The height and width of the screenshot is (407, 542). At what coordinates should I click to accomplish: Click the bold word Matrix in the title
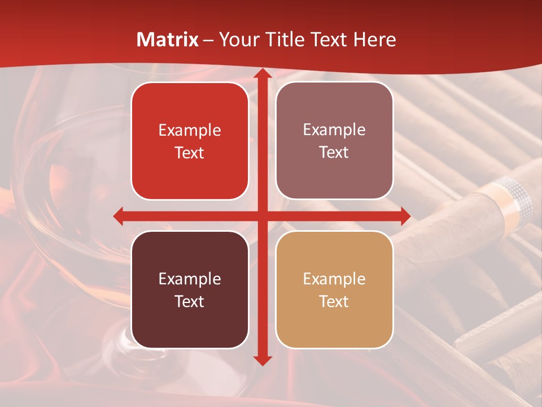pyautogui.click(x=168, y=40)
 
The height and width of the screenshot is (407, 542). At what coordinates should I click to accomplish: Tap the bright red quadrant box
pyautogui.click(x=190, y=141)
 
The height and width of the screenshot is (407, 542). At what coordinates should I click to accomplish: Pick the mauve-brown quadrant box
pyautogui.click(x=334, y=141)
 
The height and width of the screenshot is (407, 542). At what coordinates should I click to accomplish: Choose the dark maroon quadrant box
pyautogui.click(x=190, y=289)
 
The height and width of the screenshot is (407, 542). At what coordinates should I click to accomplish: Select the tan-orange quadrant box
pyautogui.click(x=334, y=289)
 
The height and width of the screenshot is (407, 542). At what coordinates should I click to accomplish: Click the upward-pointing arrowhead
pyautogui.click(x=263, y=73)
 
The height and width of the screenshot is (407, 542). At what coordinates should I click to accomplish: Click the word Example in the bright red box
pyautogui.click(x=190, y=131)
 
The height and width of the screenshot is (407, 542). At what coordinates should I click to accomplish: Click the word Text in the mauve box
pyautogui.click(x=334, y=153)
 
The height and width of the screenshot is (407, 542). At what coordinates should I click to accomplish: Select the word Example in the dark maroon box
pyautogui.click(x=190, y=279)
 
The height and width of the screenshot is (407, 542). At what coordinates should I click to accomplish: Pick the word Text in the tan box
pyautogui.click(x=334, y=301)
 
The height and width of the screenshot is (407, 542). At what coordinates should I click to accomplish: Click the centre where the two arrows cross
pyautogui.click(x=263, y=216)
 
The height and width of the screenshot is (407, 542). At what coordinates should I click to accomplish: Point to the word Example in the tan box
pyautogui.click(x=334, y=279)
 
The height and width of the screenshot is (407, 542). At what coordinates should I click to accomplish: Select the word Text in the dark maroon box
pyautogui.click(x=190, y=301)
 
